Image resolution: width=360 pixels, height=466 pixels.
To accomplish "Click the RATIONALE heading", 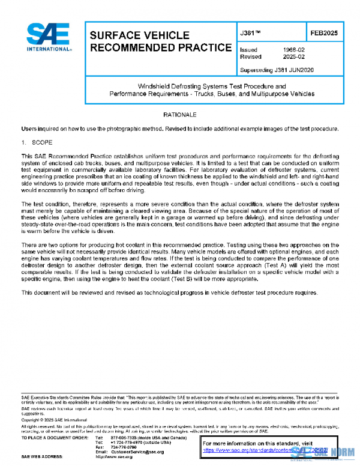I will point(179,114).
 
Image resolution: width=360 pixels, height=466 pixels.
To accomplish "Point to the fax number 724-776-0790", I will point(123,447).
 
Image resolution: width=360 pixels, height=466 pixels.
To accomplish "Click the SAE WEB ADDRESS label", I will point(42,457).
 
